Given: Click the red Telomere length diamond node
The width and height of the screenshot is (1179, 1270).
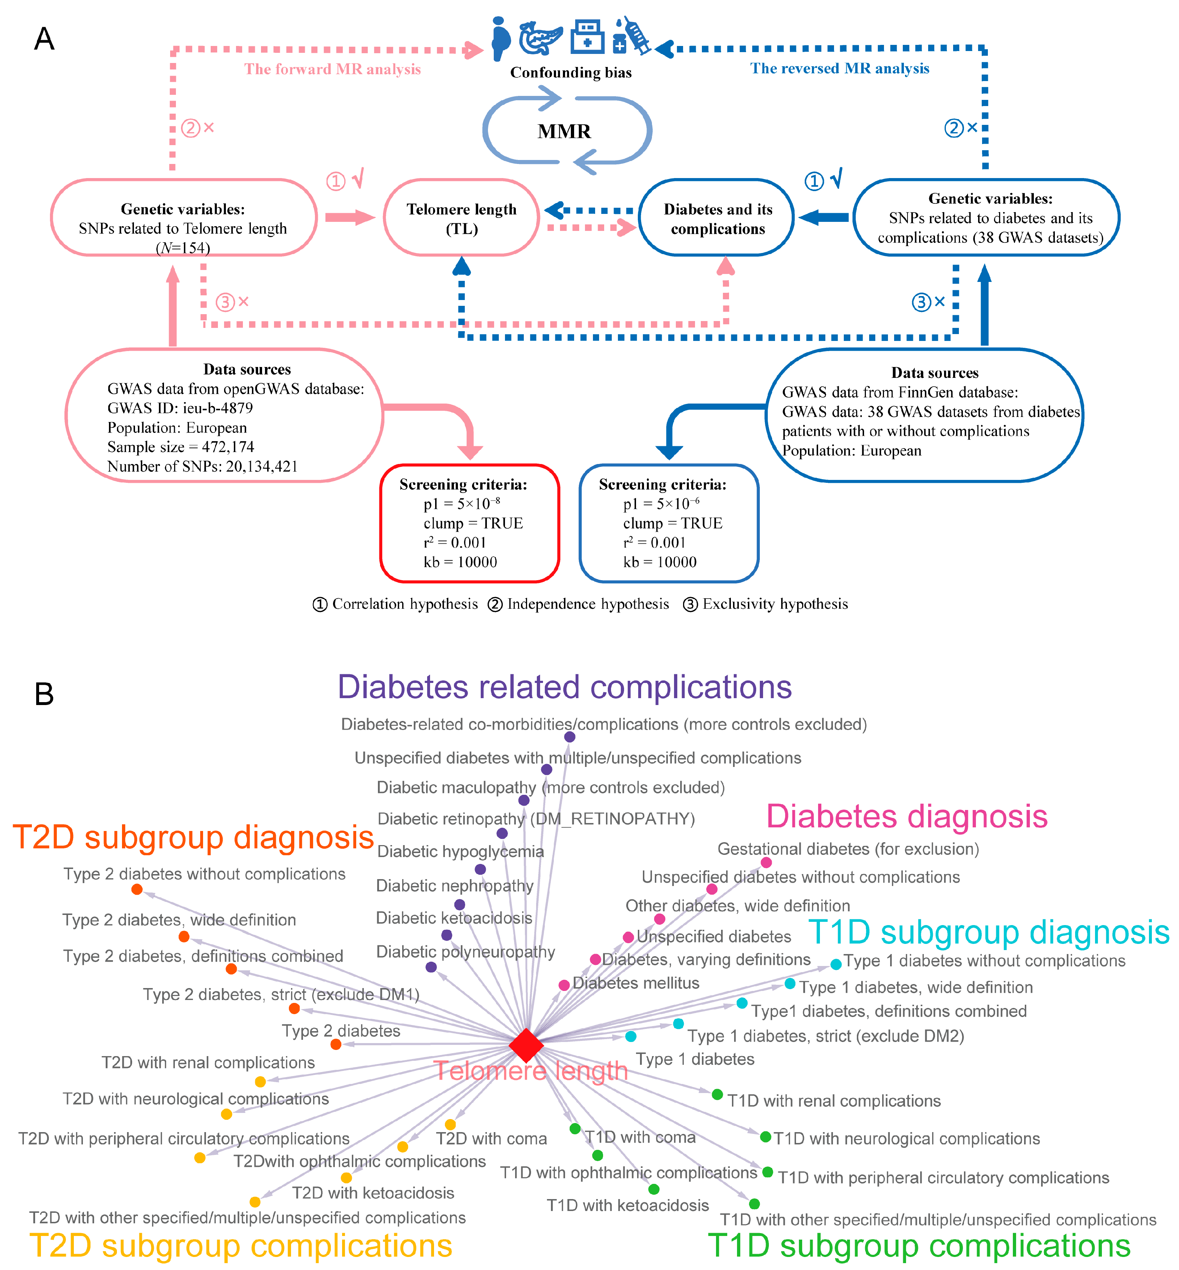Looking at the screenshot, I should pyautogui.click(x=526, y=1045).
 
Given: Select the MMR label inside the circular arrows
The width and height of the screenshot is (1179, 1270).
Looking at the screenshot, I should pyautogui.click(x=564, y=131).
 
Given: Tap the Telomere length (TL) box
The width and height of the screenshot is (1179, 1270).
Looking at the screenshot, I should pyautogui.click(x=461, y=218).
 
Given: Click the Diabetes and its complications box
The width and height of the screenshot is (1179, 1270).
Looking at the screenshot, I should pyautogui.click(x=717, y=218).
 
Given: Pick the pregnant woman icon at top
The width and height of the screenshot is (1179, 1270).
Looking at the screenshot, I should pyautogui.click(x=501, y=38).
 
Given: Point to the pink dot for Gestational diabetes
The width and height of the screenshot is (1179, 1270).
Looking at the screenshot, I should pyautogui.click(x=766, y=862).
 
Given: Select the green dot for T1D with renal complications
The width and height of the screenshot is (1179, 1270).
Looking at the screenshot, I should pyautogui.click(x=717, y=1094).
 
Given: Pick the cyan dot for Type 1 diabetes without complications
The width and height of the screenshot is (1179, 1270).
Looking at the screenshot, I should pyautogui.click(x=836, y=965).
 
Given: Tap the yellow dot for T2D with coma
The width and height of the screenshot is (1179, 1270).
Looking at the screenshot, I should pyautogui.click(x=450, y=1125).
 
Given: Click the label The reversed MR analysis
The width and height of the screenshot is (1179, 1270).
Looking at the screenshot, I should pyautogui.click(x=839, y=68).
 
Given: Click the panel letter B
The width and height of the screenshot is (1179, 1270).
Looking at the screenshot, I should pyautogui.click(x=44, y=694).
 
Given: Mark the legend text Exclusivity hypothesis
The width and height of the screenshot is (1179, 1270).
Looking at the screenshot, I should pyautogui.click(x=775, y=604).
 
